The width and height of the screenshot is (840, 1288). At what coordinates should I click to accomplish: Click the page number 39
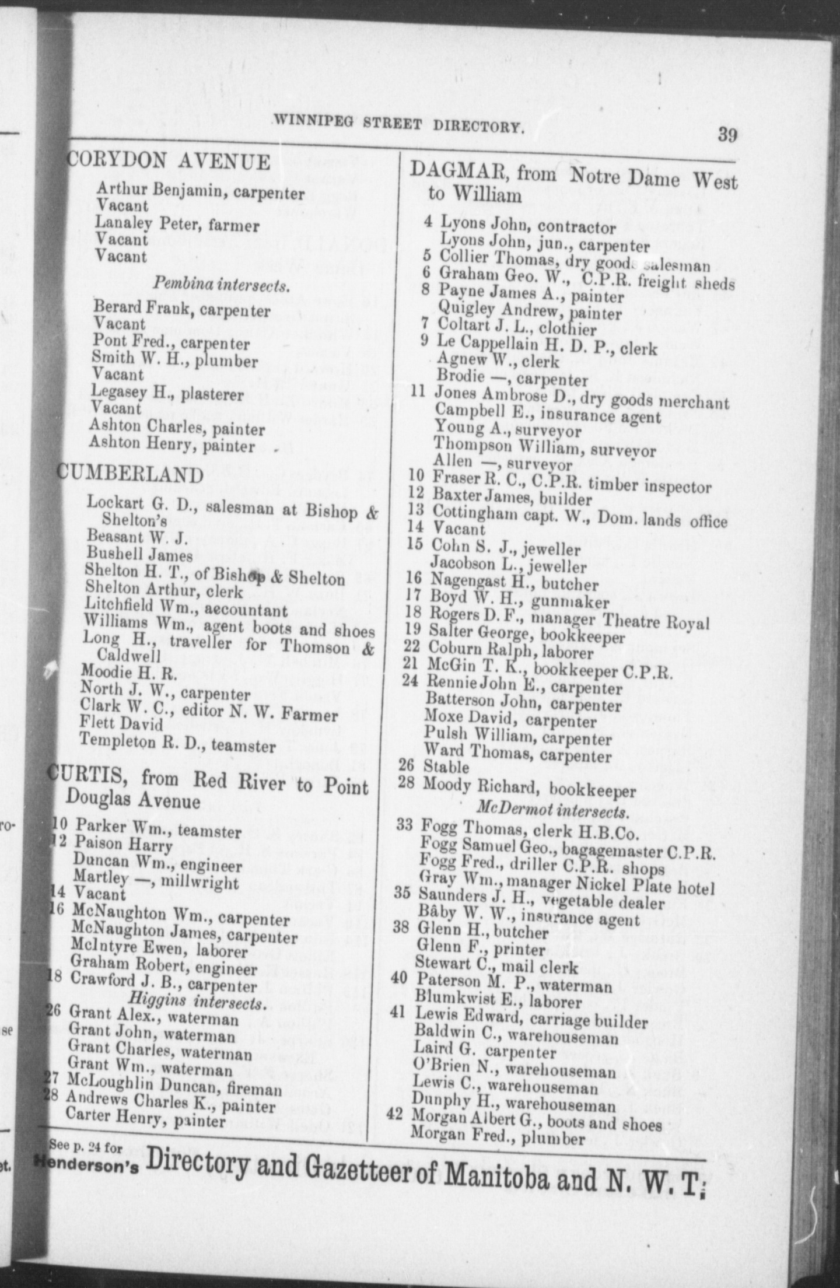tap(727, 135)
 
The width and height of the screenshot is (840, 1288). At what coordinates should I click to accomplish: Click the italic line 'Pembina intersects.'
tap(221, 285)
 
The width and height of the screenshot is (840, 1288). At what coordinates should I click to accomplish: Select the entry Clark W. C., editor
tap(208, 713)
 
